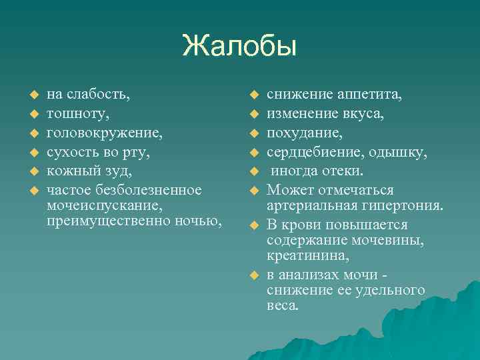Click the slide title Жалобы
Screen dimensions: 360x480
[x=239, y=47]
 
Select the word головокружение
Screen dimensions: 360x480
[x=104, y=133]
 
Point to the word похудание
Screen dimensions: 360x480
[x=305, y=133]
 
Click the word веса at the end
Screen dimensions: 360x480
[x=283, y=306]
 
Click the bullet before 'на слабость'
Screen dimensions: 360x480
[x=27, y=95]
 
